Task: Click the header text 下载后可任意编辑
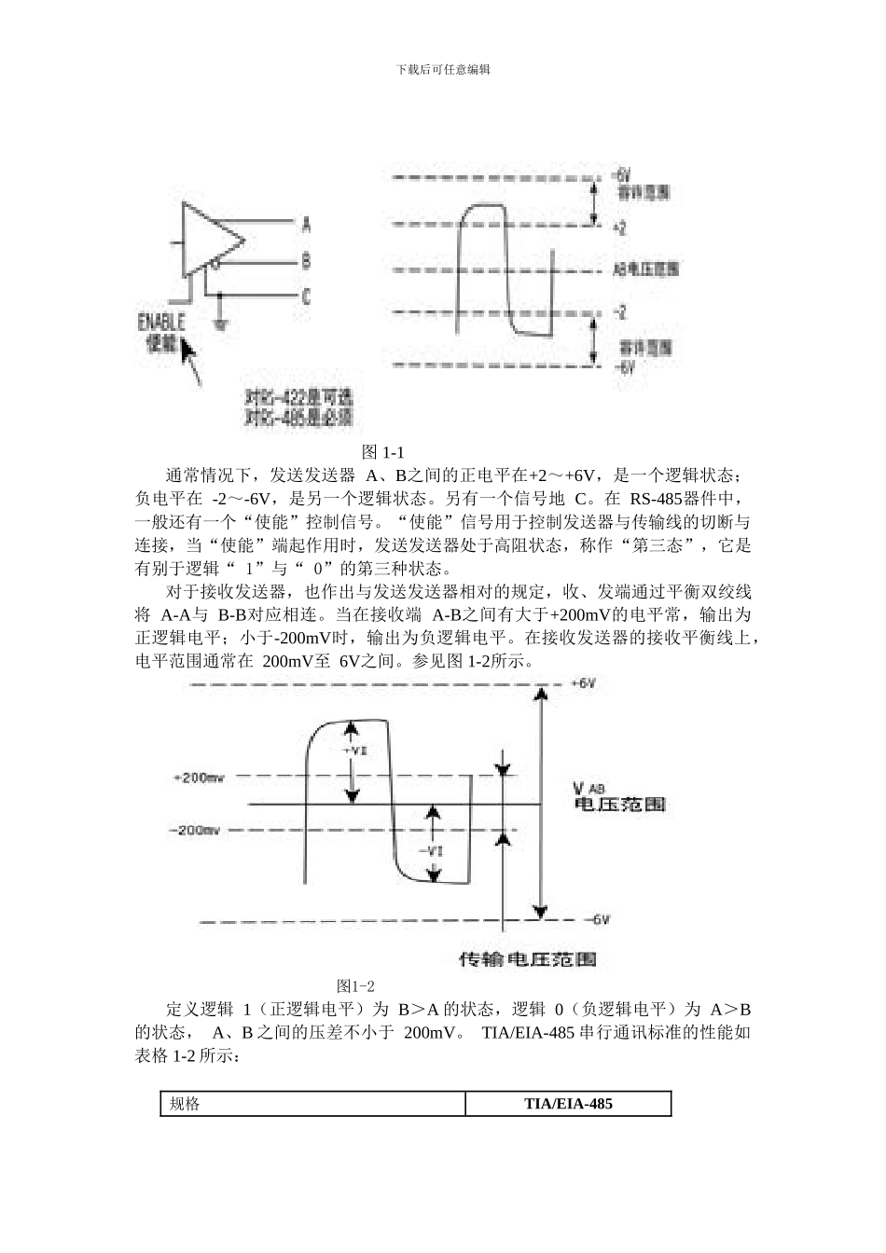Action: [x=443, y=69]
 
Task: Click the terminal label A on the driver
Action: [x=307, y=225]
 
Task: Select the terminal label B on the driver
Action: [x=307, y=262]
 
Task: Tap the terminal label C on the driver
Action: [x=307, y=296]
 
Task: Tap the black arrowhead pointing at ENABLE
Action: [x=189, y=352]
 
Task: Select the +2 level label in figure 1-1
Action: [x=620, y=227]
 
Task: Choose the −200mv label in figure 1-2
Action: [x=195, y=830]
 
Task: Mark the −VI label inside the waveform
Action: [x=431, y=850]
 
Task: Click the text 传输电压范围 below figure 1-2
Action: [x=528, y=958]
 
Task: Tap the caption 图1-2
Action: [x=355, y=985]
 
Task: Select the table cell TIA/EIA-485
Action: [x=568, y=1104]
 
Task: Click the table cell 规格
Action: [x=185, y=1104]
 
